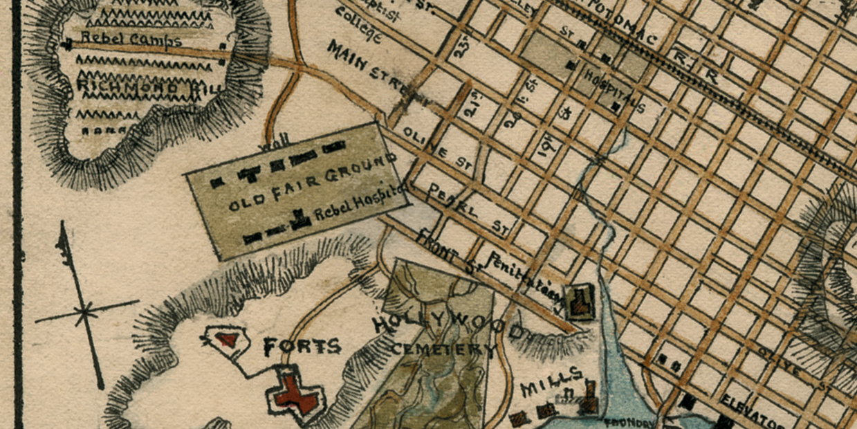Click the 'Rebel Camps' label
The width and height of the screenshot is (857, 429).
(x=131, y=39)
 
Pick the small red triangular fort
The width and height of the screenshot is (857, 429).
(x=225, y=339)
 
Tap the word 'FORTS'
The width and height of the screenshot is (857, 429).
(x=302, y=346)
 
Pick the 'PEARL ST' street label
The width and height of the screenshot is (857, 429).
(x=470, y=209)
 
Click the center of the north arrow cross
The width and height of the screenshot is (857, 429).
(x=84, y=312)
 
